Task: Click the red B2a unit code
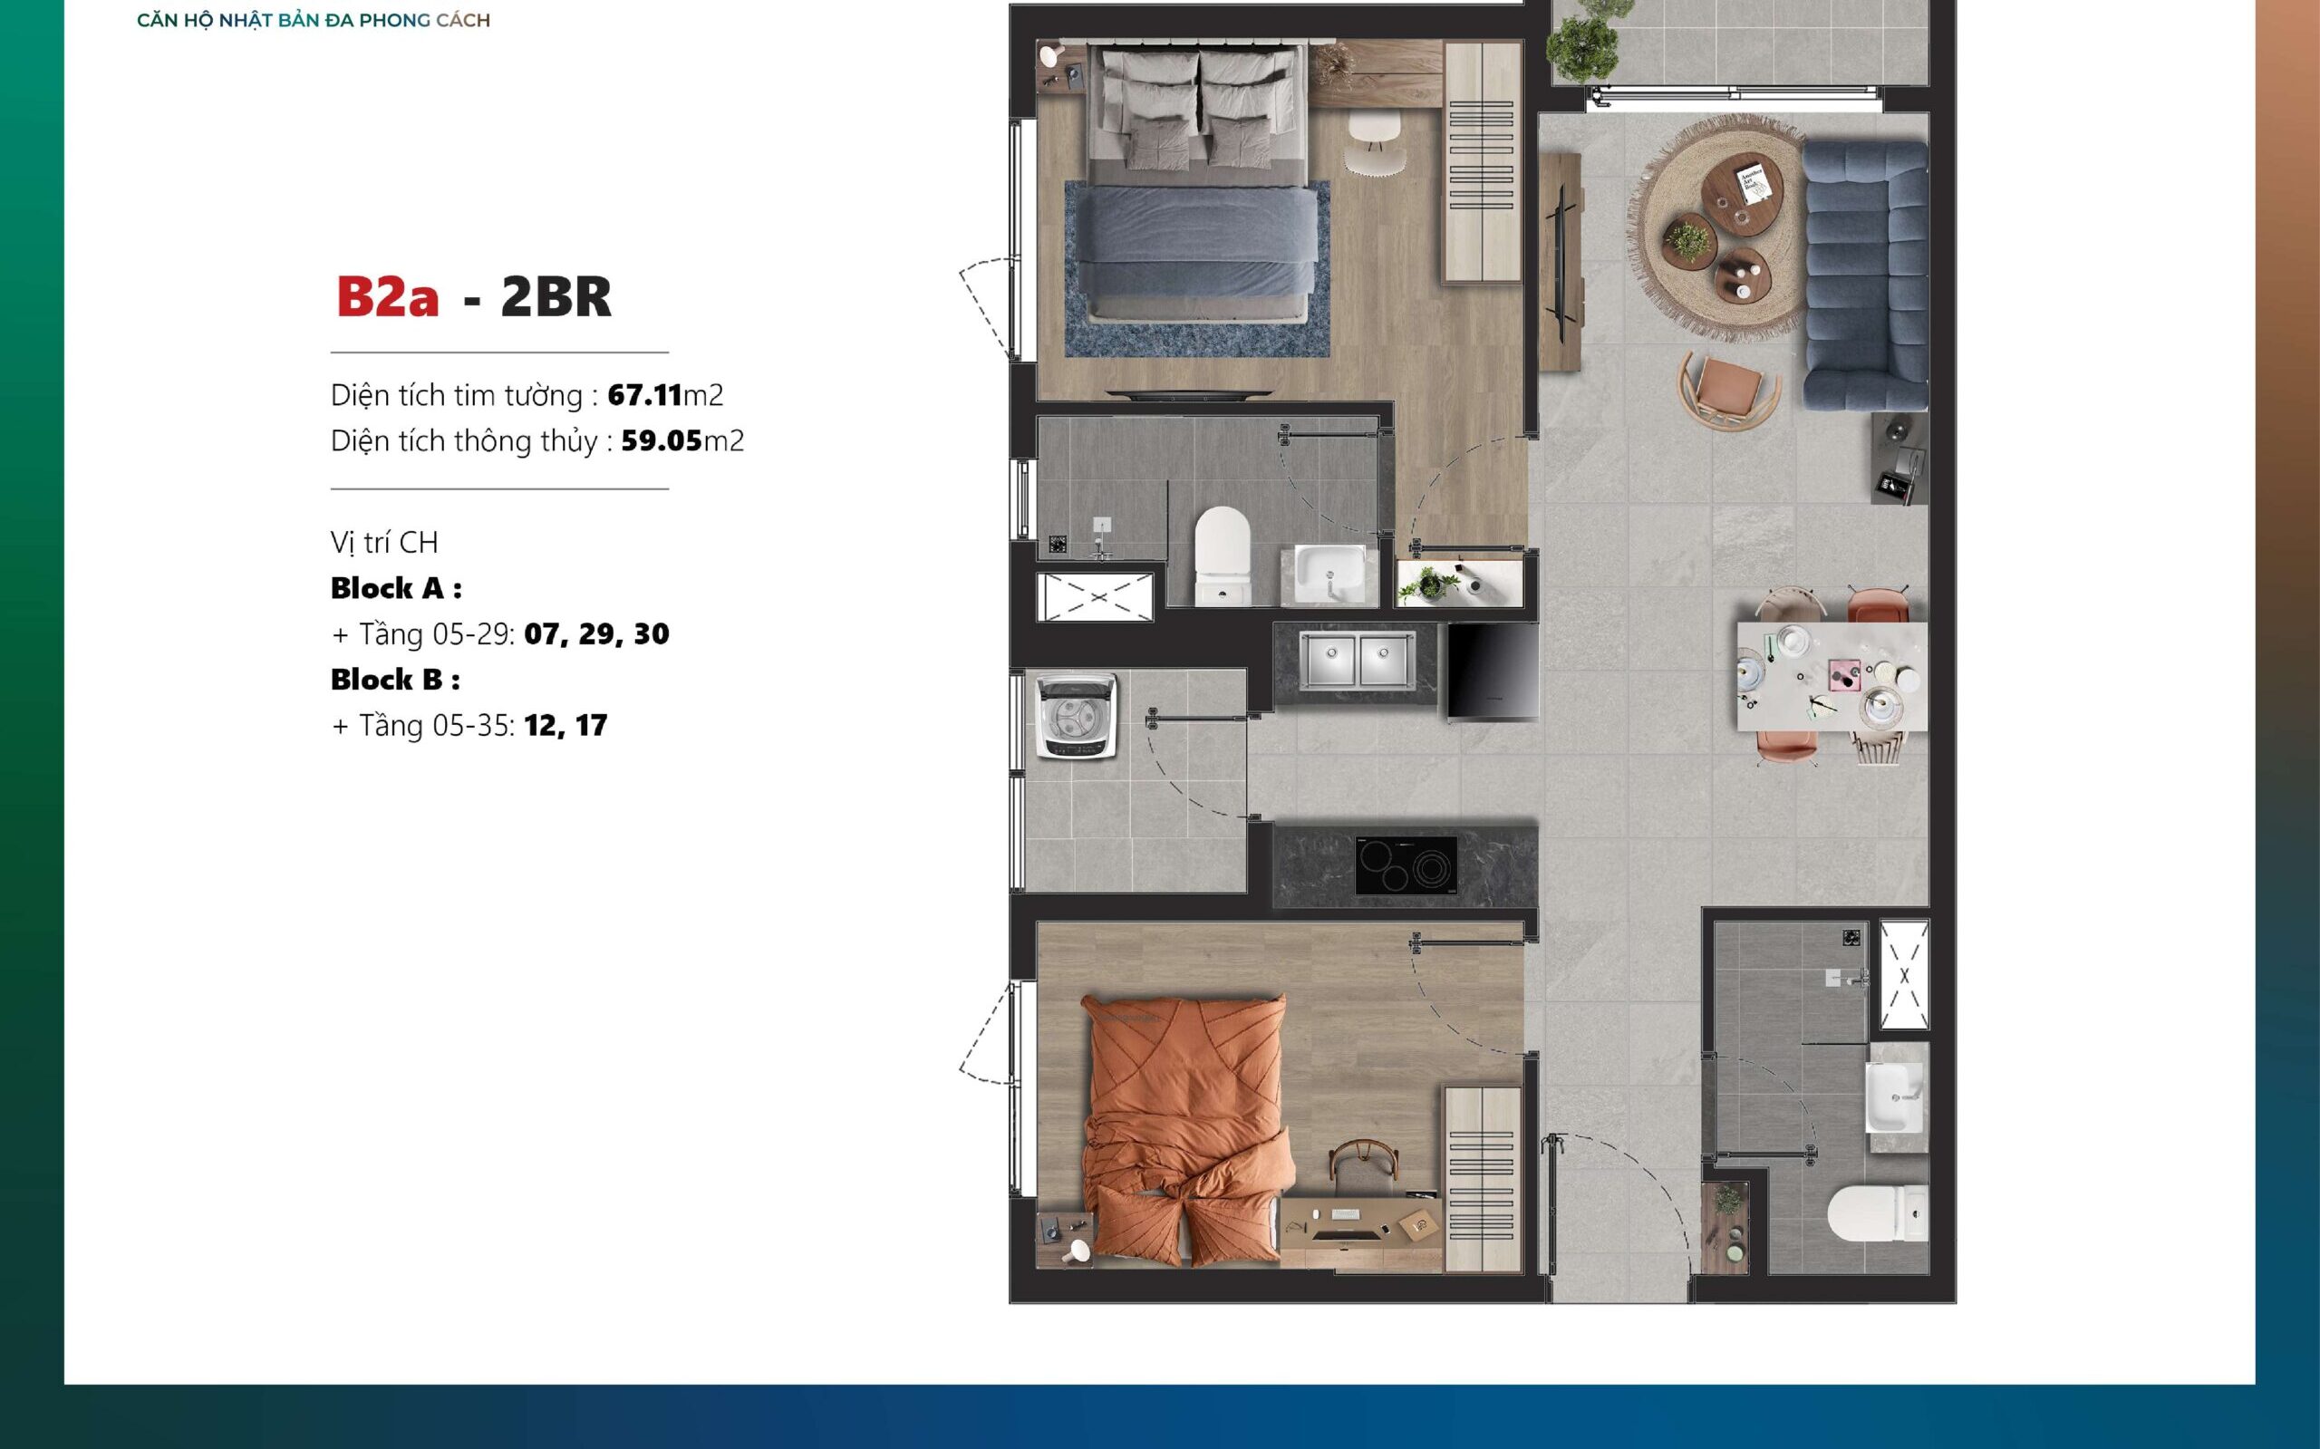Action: (387, 296)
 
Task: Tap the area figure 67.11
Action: (645, 395)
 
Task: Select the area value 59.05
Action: (662, 440)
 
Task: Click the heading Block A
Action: (396, 588)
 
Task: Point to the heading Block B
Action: (395, 680)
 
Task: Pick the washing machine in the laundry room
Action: (1078, 716)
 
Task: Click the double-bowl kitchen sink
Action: (1356, 661)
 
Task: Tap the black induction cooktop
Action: (1406, 865)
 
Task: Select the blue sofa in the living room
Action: (1865, 276)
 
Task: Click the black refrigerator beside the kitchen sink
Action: (1493, 670)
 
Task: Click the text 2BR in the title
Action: (556, 296)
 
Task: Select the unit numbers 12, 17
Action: (565, 726)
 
